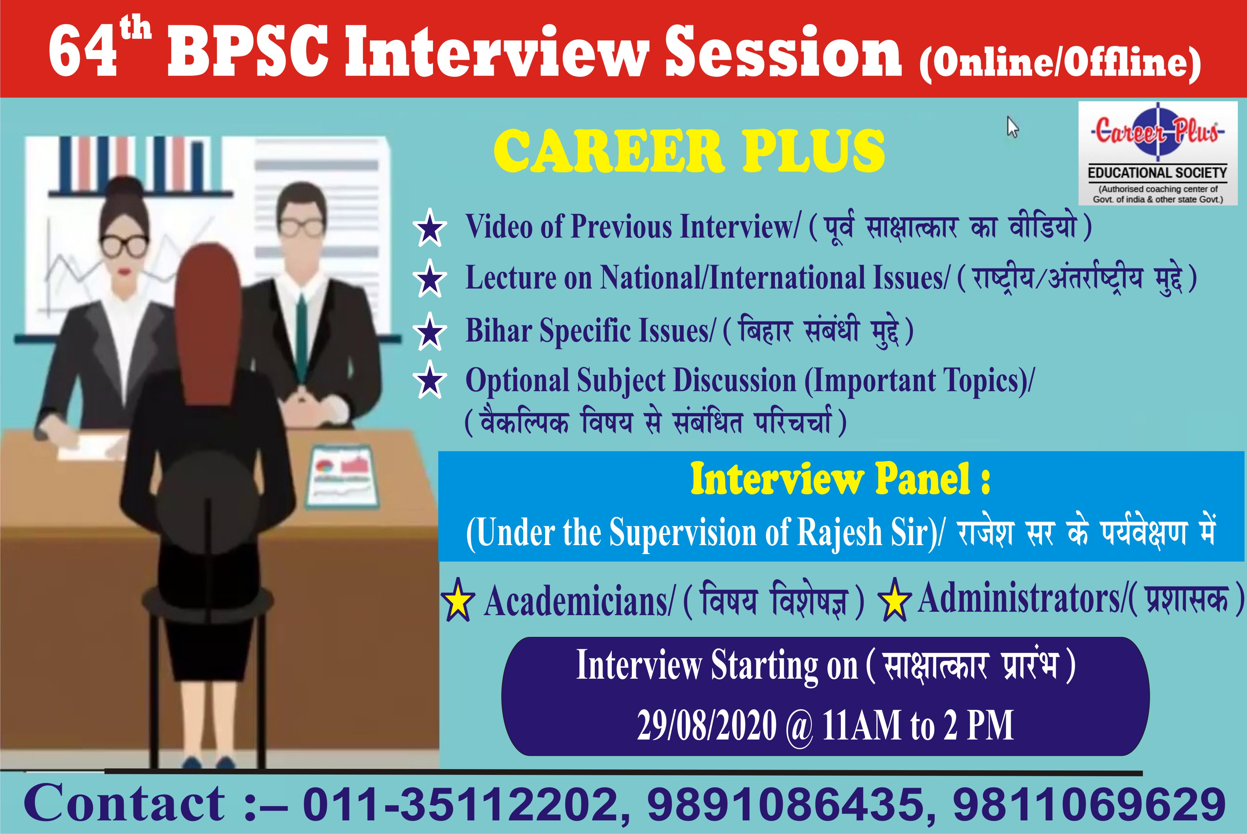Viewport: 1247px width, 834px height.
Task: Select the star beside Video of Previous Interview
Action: coord(430,228)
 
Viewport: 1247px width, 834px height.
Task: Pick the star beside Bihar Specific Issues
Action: coord(430,332)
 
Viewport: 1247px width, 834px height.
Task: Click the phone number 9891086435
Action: coord(784,804)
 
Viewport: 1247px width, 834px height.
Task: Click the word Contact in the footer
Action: coord(125,804)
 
